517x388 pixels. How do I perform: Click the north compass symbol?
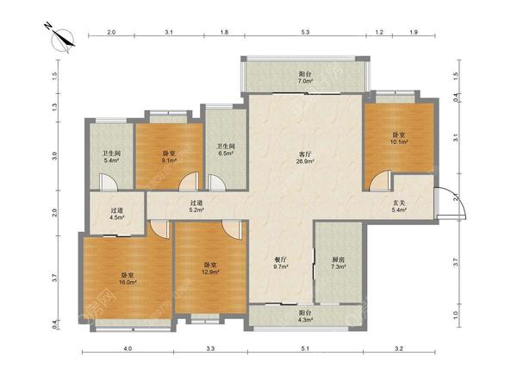pos(62,39)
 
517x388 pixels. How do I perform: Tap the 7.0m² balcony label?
pos(305,78)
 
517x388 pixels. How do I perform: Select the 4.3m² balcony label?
pos(305,316)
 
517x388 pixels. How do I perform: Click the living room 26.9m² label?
pos(305,158)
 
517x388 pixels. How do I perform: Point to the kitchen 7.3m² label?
pos(339,263)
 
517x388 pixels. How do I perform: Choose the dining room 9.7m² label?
pos(281,263)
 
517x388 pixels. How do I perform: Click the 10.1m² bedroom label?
pos(399,138)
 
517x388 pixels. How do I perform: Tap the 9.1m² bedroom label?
pos(169,157)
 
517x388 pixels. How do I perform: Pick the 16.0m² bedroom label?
pos(128,278)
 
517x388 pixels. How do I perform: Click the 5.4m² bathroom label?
pos(111,157)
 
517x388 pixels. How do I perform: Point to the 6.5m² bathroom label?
pos(226,150)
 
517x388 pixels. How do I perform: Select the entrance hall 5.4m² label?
pos(399,206)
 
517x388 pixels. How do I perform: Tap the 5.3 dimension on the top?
pos(305,32)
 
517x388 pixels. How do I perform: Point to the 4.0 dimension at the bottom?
pos(128,348)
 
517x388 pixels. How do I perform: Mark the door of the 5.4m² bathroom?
pos(108,183)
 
